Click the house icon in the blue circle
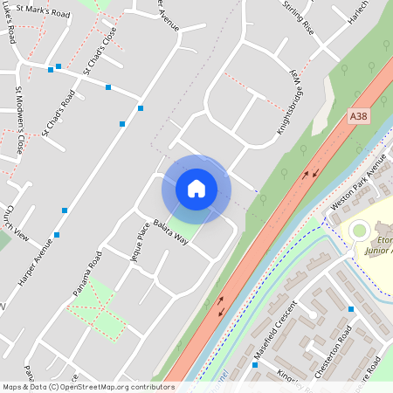(x=196, y=188)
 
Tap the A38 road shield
(x=359, y=115)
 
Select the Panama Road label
(x=87, y=272)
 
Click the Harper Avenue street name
(x=36, y=261)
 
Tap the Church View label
(x=17, y=224)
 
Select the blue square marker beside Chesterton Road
(x=351, y=309)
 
